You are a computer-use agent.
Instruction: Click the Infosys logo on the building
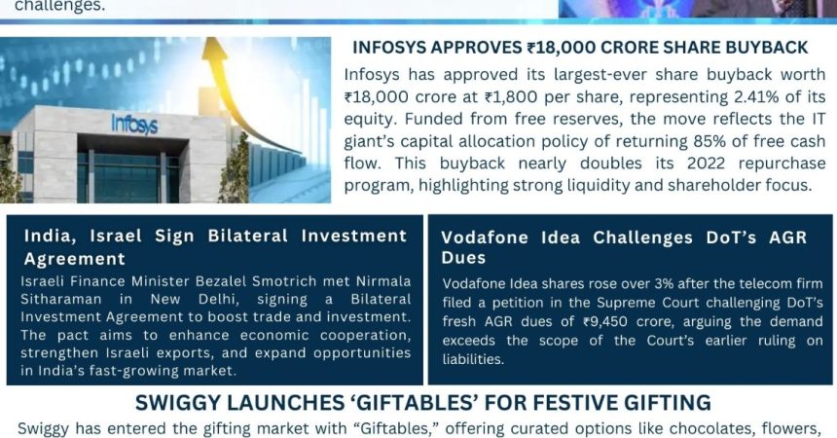134,124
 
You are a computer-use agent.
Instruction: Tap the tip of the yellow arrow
212,39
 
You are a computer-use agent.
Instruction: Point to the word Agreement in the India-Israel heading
75,259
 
